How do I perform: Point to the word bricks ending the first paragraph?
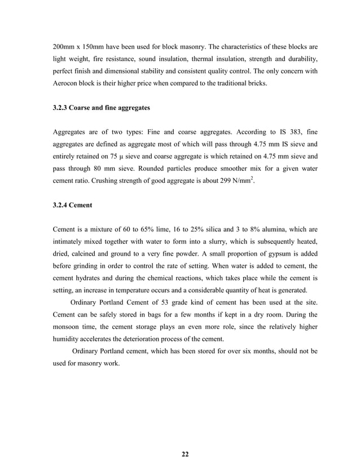click(x=259, y=84)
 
